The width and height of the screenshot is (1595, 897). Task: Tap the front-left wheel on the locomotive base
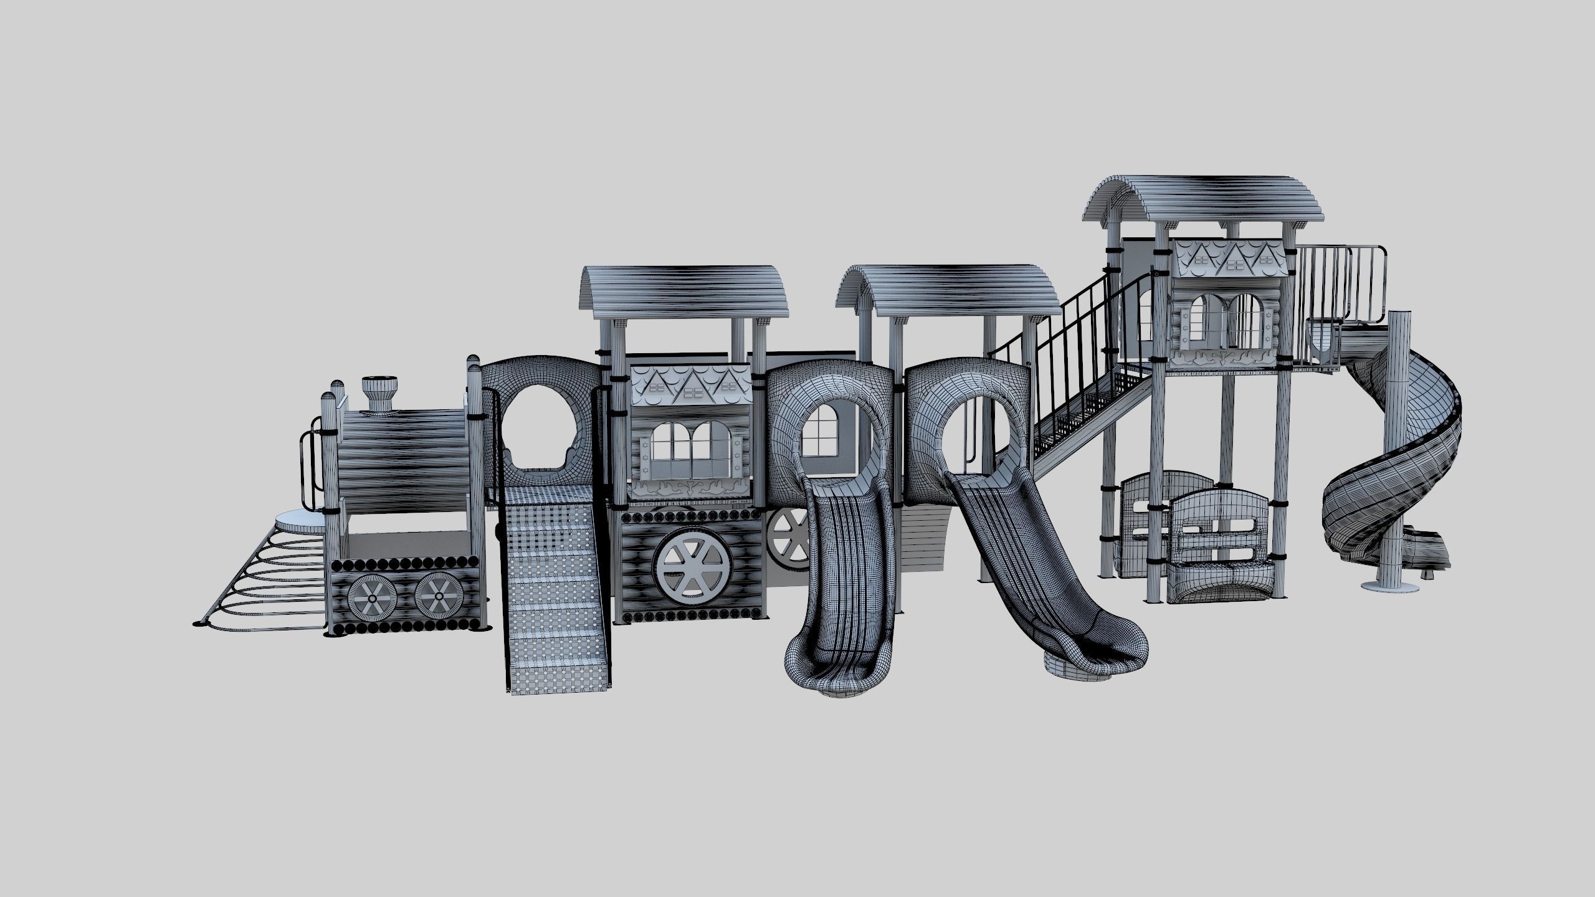click(x=372, y=597)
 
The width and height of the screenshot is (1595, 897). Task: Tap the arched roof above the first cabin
click(x=685, y=293)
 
